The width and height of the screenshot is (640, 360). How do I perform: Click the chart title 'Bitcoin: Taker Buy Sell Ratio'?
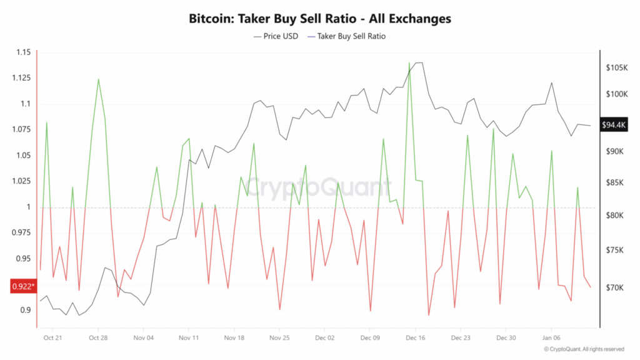(320, 19)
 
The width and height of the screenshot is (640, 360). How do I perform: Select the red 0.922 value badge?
(22, 287)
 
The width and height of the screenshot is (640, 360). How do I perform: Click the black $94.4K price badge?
(614, 125)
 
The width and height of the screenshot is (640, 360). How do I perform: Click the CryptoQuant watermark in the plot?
(319, 187)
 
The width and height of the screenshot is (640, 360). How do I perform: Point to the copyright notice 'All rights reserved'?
(584, 349)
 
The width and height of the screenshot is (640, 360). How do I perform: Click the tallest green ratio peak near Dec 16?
(409, 64)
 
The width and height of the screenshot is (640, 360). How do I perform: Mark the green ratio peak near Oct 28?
(98, 79)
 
